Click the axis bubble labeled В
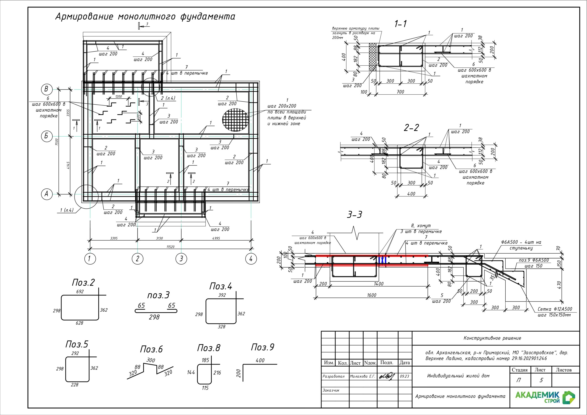coord(47,89)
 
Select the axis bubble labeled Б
coord(47,136)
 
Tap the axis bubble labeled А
coord(47,194)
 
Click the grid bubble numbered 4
coord(251,259)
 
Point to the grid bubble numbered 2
coord(138,259)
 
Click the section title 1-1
coord(400,24)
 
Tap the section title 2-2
coord(411,127)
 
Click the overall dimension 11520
coord(170,247)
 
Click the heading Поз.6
coord(151,349)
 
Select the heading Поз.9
coord(263,347)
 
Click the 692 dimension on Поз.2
coord(80,291)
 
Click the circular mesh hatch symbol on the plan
coord(235,120)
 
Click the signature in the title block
coord(387,376)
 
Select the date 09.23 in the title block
coord(404,376)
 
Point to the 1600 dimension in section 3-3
coord(371,295)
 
